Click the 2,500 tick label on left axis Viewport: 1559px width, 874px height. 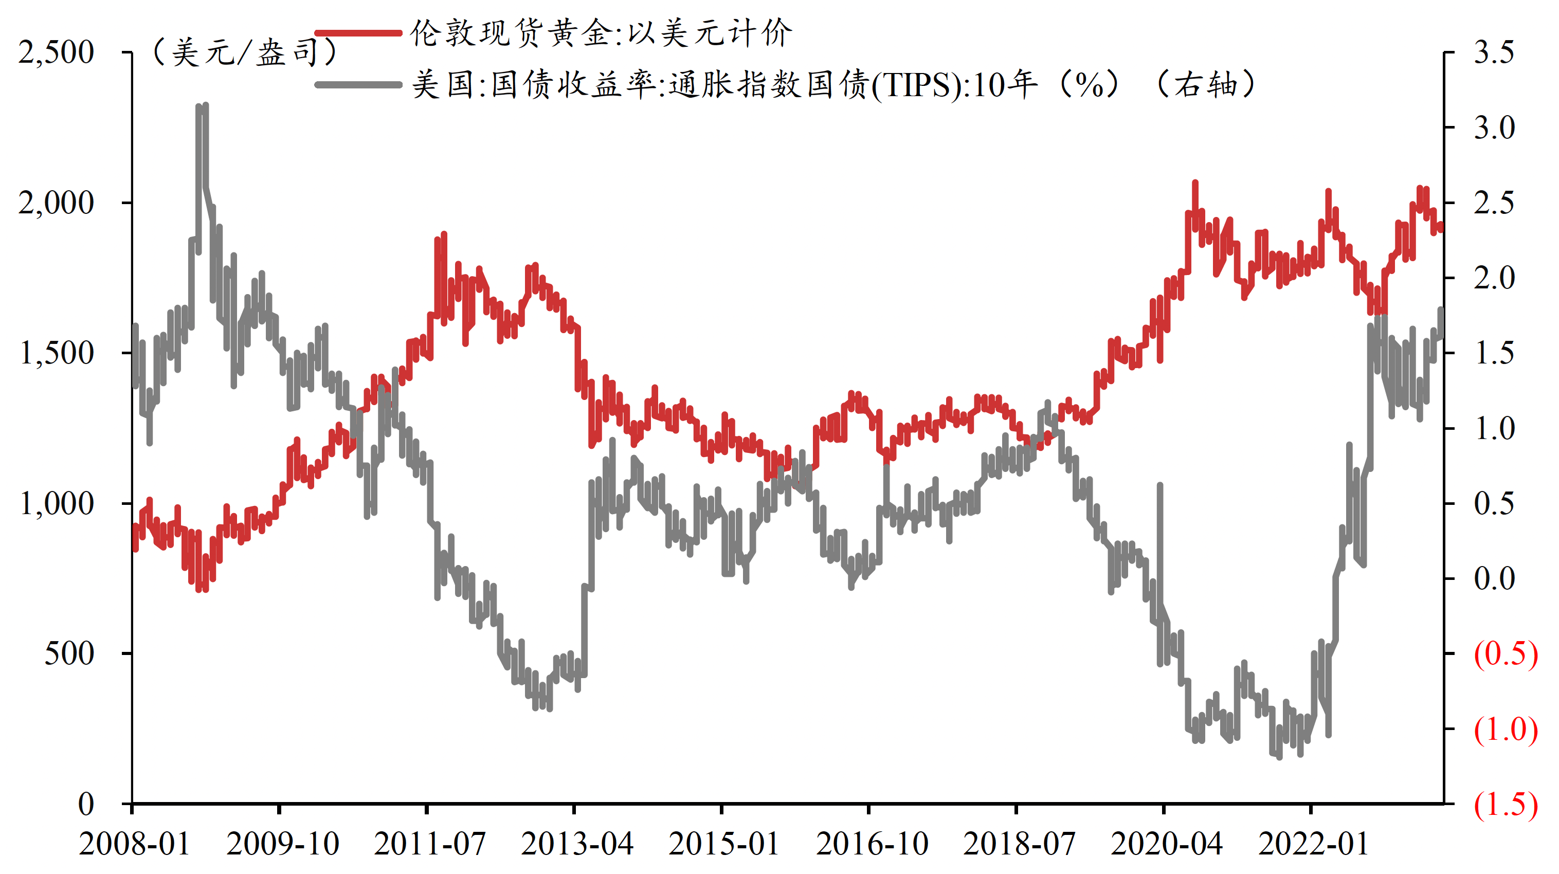pyautogui.click(x=56, y=52)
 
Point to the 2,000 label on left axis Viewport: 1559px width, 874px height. pyautogui.click(x=56, y=203)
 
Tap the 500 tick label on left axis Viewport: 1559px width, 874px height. pyautogui.click(x=69, y=653)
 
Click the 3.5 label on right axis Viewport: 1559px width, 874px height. pyautogui.click(x=1494, y=52)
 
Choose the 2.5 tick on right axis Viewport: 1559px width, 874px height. pyautogui.click(x=1494, y=203)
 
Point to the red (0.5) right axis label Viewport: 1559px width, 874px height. pyautogui.click(x=1505, y=653)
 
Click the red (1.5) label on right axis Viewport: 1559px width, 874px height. pyautogui.click(x=1505, y=805)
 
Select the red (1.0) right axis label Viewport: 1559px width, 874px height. pyautogui.click(x=1505, y=730)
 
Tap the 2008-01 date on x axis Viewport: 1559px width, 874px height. pyautogui.click(x=134, y=844)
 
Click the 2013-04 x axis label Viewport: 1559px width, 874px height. pyautogui.click(x=577, y=844)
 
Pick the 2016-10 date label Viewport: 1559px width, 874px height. pyautogui.click(x=872, y=844)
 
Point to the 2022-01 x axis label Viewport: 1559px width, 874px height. pyautogui.click(x=1313, y=844)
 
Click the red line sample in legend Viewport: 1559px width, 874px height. pyautogui.click(x=358, y=33)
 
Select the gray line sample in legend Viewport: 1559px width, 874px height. pyautogui.click(x=358, y=85)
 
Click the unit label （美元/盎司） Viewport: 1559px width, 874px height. pyautogui.click(x=245, y=52)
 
